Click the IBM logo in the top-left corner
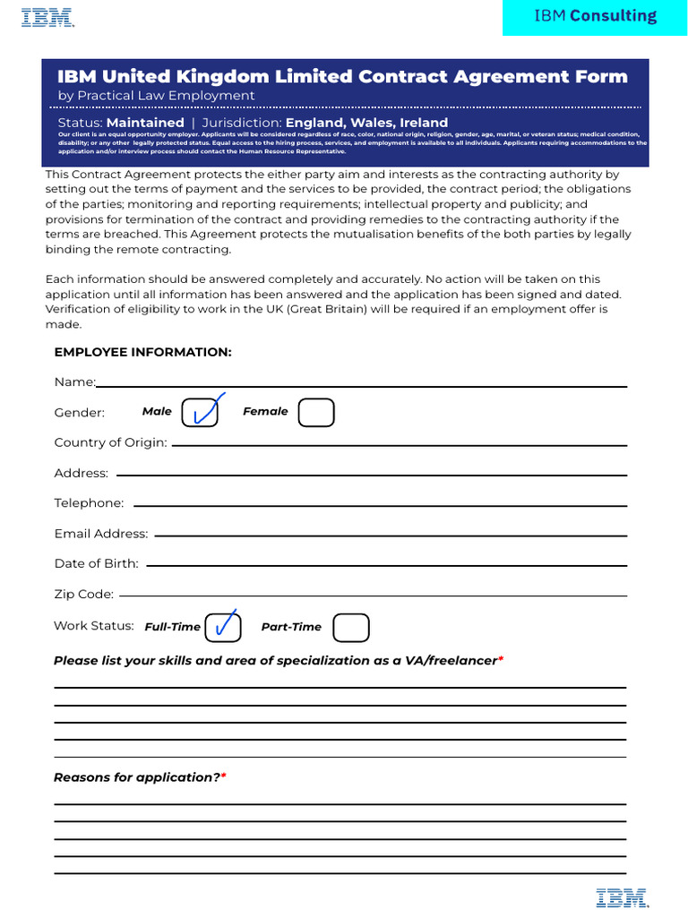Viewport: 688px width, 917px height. (x=47, y=18)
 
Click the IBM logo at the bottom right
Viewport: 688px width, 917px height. (x=623, y=897)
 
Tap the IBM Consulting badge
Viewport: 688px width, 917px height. (x=595, y=16)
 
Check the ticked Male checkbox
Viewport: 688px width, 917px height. (x=200, y=412)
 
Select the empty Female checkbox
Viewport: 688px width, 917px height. (x=316, y=412)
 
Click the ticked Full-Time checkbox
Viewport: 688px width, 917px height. (x=223, y=628)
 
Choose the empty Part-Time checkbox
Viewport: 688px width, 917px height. (x=351, y=628)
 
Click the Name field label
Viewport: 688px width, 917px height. (x=74, y=382)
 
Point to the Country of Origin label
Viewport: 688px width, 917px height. (x=110, y=442)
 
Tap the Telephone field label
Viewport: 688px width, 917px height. (x=89, y=503)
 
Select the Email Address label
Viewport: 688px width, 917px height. (x=100, y=534)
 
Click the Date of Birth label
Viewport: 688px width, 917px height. (x=96, y=563)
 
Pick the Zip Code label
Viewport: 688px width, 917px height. (x=83, y=594)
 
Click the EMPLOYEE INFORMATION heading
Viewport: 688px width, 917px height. (x=142, y=352)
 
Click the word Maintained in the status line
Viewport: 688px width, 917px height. (x=145, y=123)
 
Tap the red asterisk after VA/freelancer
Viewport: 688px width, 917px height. (x=501, y=659)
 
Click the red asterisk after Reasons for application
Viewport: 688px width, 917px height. (x=224, y=776)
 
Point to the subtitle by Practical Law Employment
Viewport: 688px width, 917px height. (x=156, y=96)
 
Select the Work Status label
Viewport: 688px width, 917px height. (x=93, y=626)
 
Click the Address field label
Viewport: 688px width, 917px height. (x=81, y=473)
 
